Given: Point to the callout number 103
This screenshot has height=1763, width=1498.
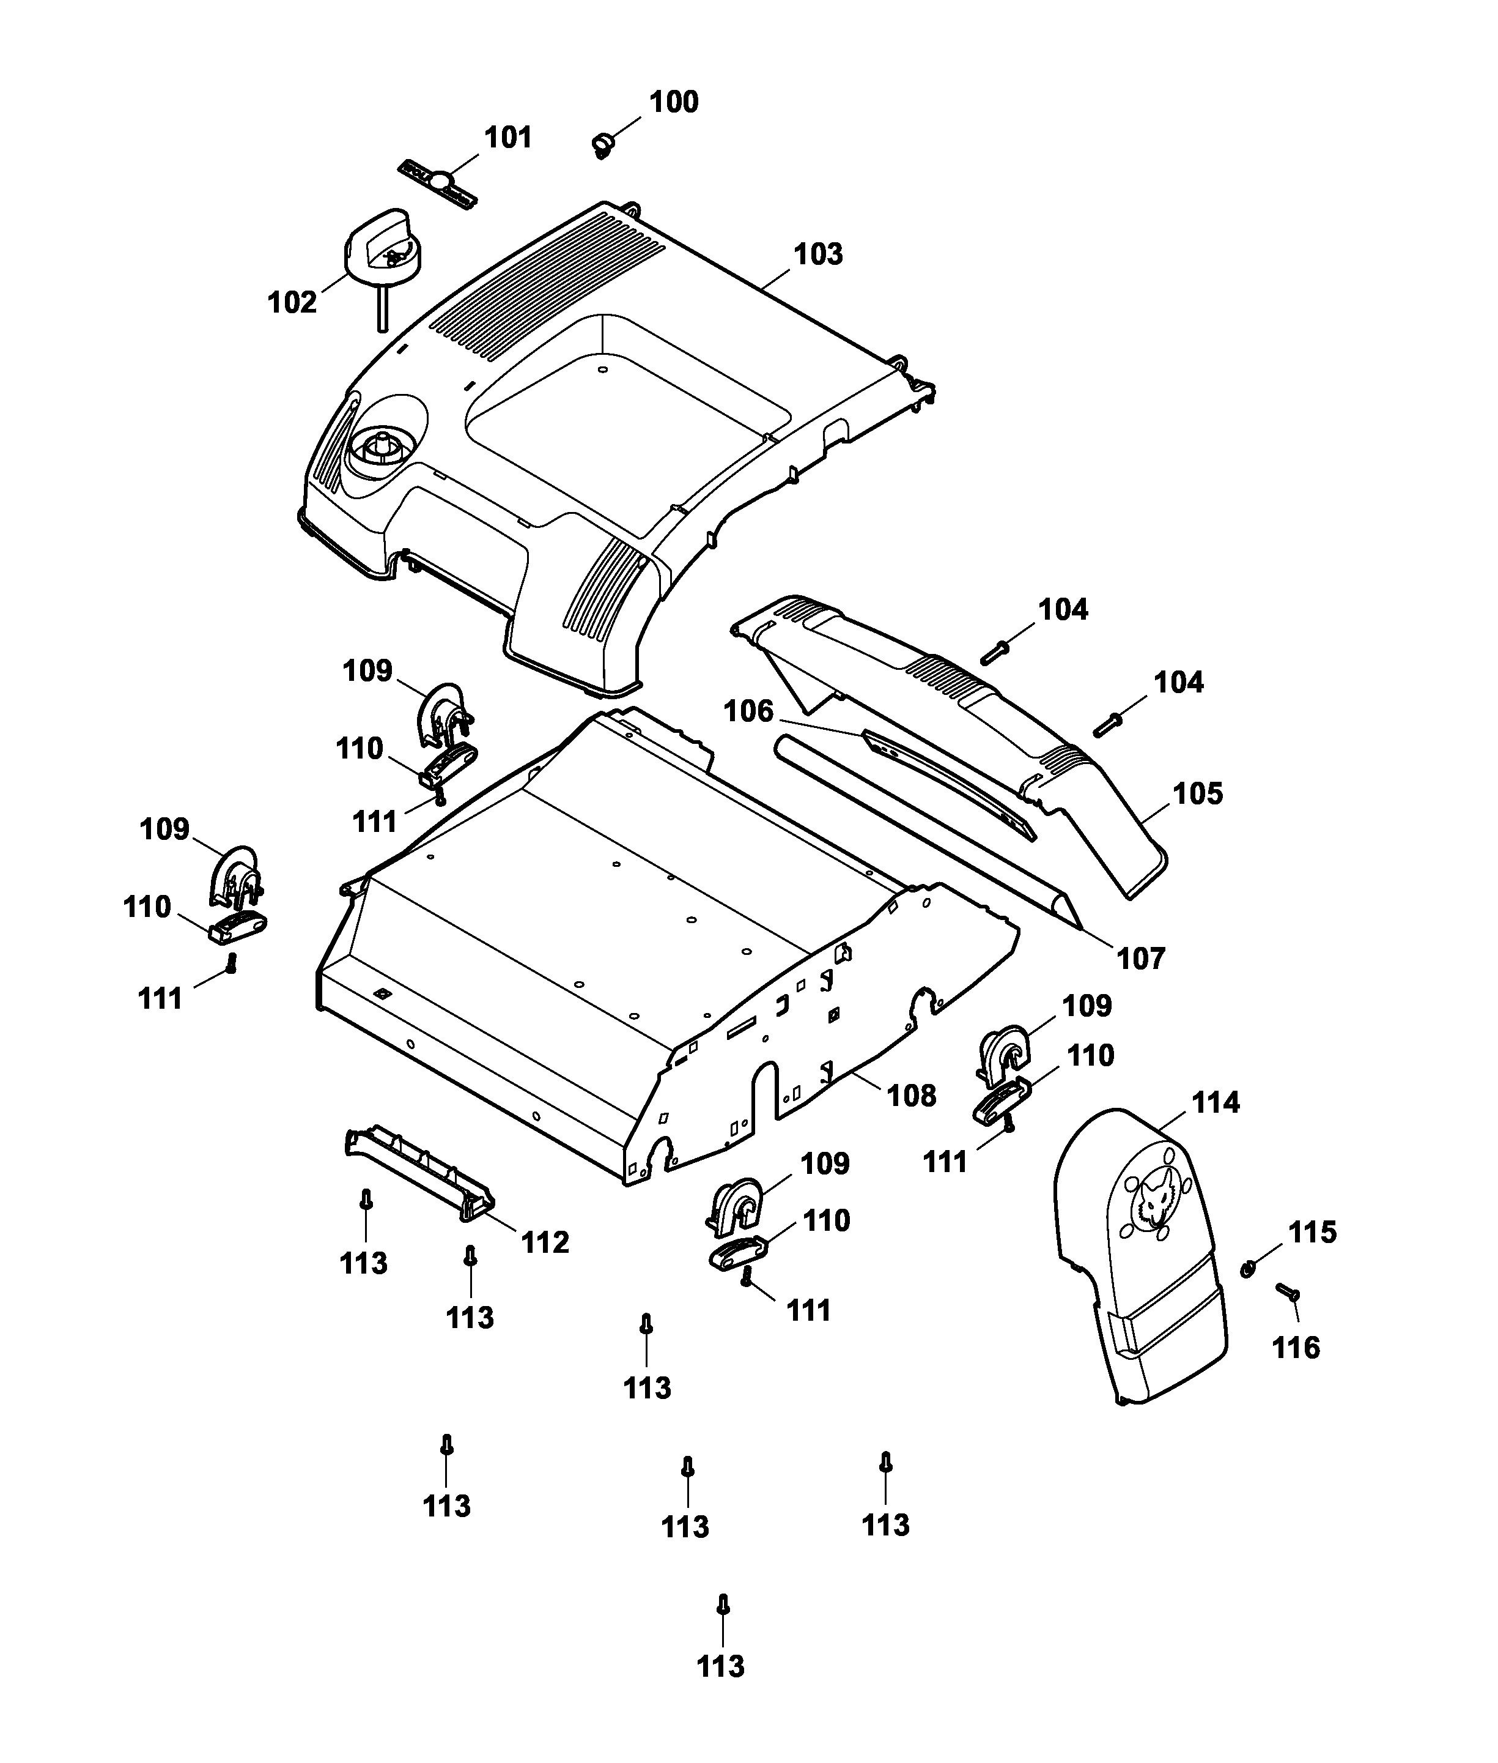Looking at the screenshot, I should click(x=818, y=254).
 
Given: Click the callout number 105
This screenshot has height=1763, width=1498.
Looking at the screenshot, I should click(x=1197, y=793).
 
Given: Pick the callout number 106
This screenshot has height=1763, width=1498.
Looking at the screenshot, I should click(x=748, y=711).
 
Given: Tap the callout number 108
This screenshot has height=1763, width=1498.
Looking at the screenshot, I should click(x=911, y=1095).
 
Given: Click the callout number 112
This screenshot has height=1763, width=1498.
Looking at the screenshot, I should click(x=544, y=1242).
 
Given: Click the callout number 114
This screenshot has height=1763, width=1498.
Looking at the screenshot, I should click(x=1216, y=1103).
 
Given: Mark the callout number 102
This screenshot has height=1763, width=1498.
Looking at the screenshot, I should click(x=292, y=302).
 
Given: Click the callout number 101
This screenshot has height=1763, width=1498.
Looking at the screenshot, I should click(x=508, y=138).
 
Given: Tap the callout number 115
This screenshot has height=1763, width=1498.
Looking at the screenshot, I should click(x=1312, y=1232).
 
